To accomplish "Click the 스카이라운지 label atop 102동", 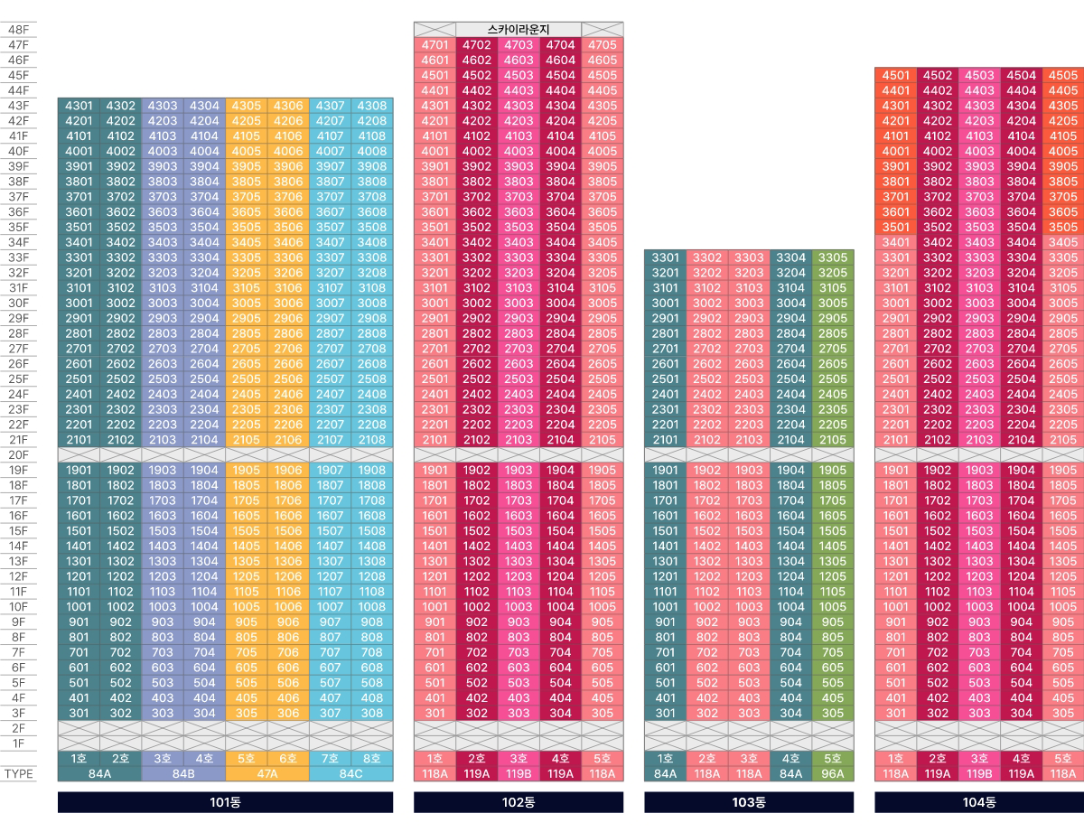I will [x=519, y=30].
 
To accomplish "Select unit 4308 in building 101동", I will [x=371, y=106].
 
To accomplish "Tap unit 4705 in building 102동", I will [x=602, y=45].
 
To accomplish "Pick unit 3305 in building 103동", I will [x=832, y=257].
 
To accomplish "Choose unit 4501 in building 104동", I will [x=895, y=76].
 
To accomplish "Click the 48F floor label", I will [x=18, y=30].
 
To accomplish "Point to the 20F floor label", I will [x=18, y=455].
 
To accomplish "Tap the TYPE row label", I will [x=18, y=774].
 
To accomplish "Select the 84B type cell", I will [x=183, y=774].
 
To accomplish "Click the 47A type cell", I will [x=267, y=774].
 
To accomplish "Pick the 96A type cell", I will [x=832, y=774].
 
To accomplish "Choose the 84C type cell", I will [x=350, y=774].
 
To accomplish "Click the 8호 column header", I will [x=371, y=759].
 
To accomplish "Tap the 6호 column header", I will [x=288, y=759].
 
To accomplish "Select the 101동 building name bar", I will [x=225, y=802].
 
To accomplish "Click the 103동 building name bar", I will [x=748, y=802].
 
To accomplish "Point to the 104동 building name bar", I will [x=979, y=802].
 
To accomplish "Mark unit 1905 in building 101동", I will [x=246, y=471].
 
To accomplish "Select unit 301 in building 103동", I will [x=665, y=714].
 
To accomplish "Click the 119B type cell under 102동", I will [x=519, y=774].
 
